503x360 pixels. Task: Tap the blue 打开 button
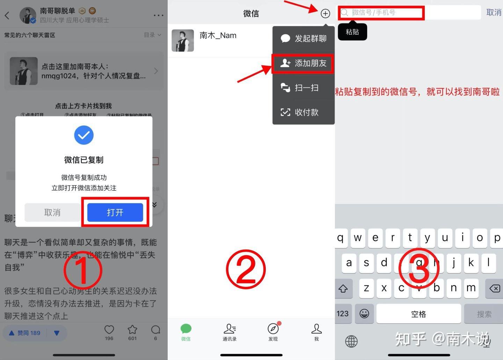[115, 212]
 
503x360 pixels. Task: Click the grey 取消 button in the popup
[52, 212]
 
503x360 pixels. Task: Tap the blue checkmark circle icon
[84, 135]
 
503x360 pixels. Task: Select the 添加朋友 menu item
[303, 63]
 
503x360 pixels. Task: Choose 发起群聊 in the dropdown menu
[303, 38]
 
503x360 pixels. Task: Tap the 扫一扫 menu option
[303, 88]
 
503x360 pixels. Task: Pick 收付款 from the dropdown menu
[303, 112]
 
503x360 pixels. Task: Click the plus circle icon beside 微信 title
[325, 14]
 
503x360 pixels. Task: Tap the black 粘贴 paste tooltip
[352, 32]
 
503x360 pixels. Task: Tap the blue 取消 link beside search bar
[494, 13]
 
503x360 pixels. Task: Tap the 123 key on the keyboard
[343, 314]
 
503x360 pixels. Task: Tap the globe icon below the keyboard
[351, 341]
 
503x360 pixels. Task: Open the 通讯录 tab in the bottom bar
[229, 332]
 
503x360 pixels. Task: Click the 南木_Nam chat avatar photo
[183, 41]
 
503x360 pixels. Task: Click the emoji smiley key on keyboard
[364, 314]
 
